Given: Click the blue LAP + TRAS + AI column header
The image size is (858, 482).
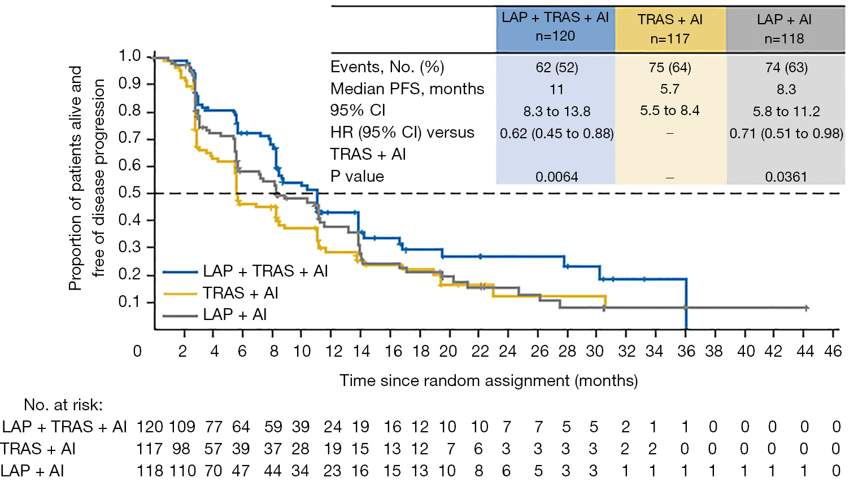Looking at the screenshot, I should point(555,27).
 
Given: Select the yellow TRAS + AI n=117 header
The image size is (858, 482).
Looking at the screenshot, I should point(670,29).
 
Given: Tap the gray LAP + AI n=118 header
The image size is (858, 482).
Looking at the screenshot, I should point(784,29).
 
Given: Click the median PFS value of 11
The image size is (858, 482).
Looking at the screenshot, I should point(556,89).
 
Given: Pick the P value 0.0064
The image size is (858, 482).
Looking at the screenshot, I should point(556,177).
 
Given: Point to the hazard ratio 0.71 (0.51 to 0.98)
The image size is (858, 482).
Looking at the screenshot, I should point(786,134).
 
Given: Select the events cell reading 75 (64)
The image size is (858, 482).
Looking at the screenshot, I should point(670,68).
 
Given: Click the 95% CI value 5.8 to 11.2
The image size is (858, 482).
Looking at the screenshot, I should point(786,111).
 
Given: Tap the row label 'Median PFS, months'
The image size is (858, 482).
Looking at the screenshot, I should point(407,89).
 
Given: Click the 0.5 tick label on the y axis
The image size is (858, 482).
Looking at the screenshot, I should point(129,192).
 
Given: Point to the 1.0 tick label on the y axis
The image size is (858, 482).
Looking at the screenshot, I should point(129,56).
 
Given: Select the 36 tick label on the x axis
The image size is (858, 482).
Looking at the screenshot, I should point(686,351).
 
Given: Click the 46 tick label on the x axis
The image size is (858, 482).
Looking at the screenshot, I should point(833,351).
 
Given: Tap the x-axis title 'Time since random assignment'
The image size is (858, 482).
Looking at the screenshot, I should point(488,381).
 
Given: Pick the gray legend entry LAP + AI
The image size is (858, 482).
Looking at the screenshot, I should point(234,315).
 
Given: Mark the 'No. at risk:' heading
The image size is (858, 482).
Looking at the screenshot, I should point(63,405).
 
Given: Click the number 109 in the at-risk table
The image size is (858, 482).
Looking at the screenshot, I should point(181,427).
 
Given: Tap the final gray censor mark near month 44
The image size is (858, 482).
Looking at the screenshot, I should point(807,308).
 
